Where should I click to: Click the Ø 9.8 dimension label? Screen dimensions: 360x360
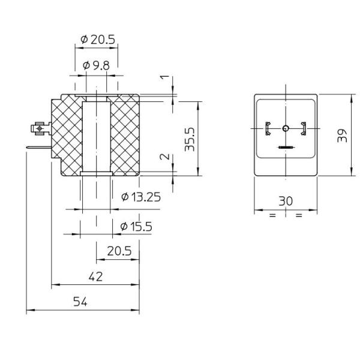coord(96,65)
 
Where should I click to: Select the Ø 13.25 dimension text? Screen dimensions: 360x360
coord(141,197)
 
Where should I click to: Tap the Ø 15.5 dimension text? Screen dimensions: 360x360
coord(136,227)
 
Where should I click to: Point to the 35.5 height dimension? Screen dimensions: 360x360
coord(190,139)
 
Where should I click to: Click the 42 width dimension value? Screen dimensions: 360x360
coord(96,277)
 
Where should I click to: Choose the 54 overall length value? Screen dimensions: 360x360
coord(80,302)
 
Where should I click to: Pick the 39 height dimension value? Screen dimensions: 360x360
coord(342,136)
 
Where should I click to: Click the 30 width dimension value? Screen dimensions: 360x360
coord(286,201)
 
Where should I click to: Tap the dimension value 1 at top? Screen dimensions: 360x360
coord(164,77)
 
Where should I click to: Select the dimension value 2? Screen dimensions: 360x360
coord(164,157)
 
